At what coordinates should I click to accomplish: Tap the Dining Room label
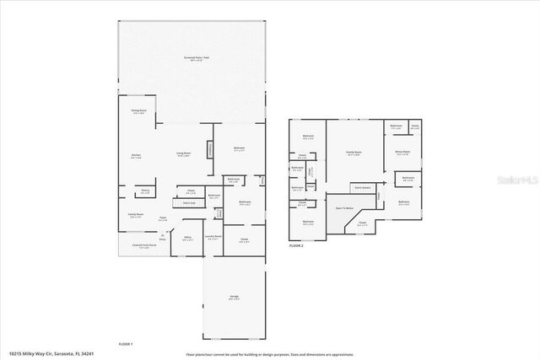point(139,112)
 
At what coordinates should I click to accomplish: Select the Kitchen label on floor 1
point(136,156)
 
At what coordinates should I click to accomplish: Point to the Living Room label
point(183,153)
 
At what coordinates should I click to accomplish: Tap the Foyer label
point(163,218)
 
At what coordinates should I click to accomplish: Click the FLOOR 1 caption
point(125,344)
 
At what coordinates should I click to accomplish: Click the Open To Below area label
point(344,207)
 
